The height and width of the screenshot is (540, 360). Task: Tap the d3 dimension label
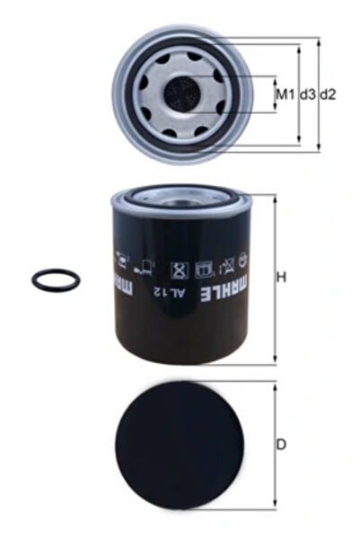306,93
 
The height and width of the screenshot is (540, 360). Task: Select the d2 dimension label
328,93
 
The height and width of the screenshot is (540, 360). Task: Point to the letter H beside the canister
281,278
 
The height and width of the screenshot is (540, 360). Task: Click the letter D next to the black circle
281,445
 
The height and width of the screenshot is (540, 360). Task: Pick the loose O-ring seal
56,280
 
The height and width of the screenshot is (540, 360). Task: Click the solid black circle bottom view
185,445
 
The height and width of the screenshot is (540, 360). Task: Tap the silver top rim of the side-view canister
185,192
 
